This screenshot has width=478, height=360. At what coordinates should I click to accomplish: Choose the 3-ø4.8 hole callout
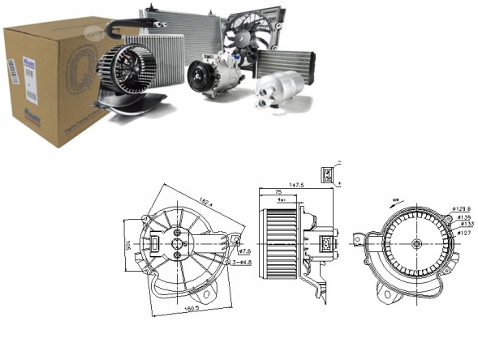[x=244, y=262]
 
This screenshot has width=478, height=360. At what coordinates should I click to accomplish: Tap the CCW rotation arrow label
[x=395, y=199]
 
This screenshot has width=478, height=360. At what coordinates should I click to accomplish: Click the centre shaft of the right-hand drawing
[x=415, y=244]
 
